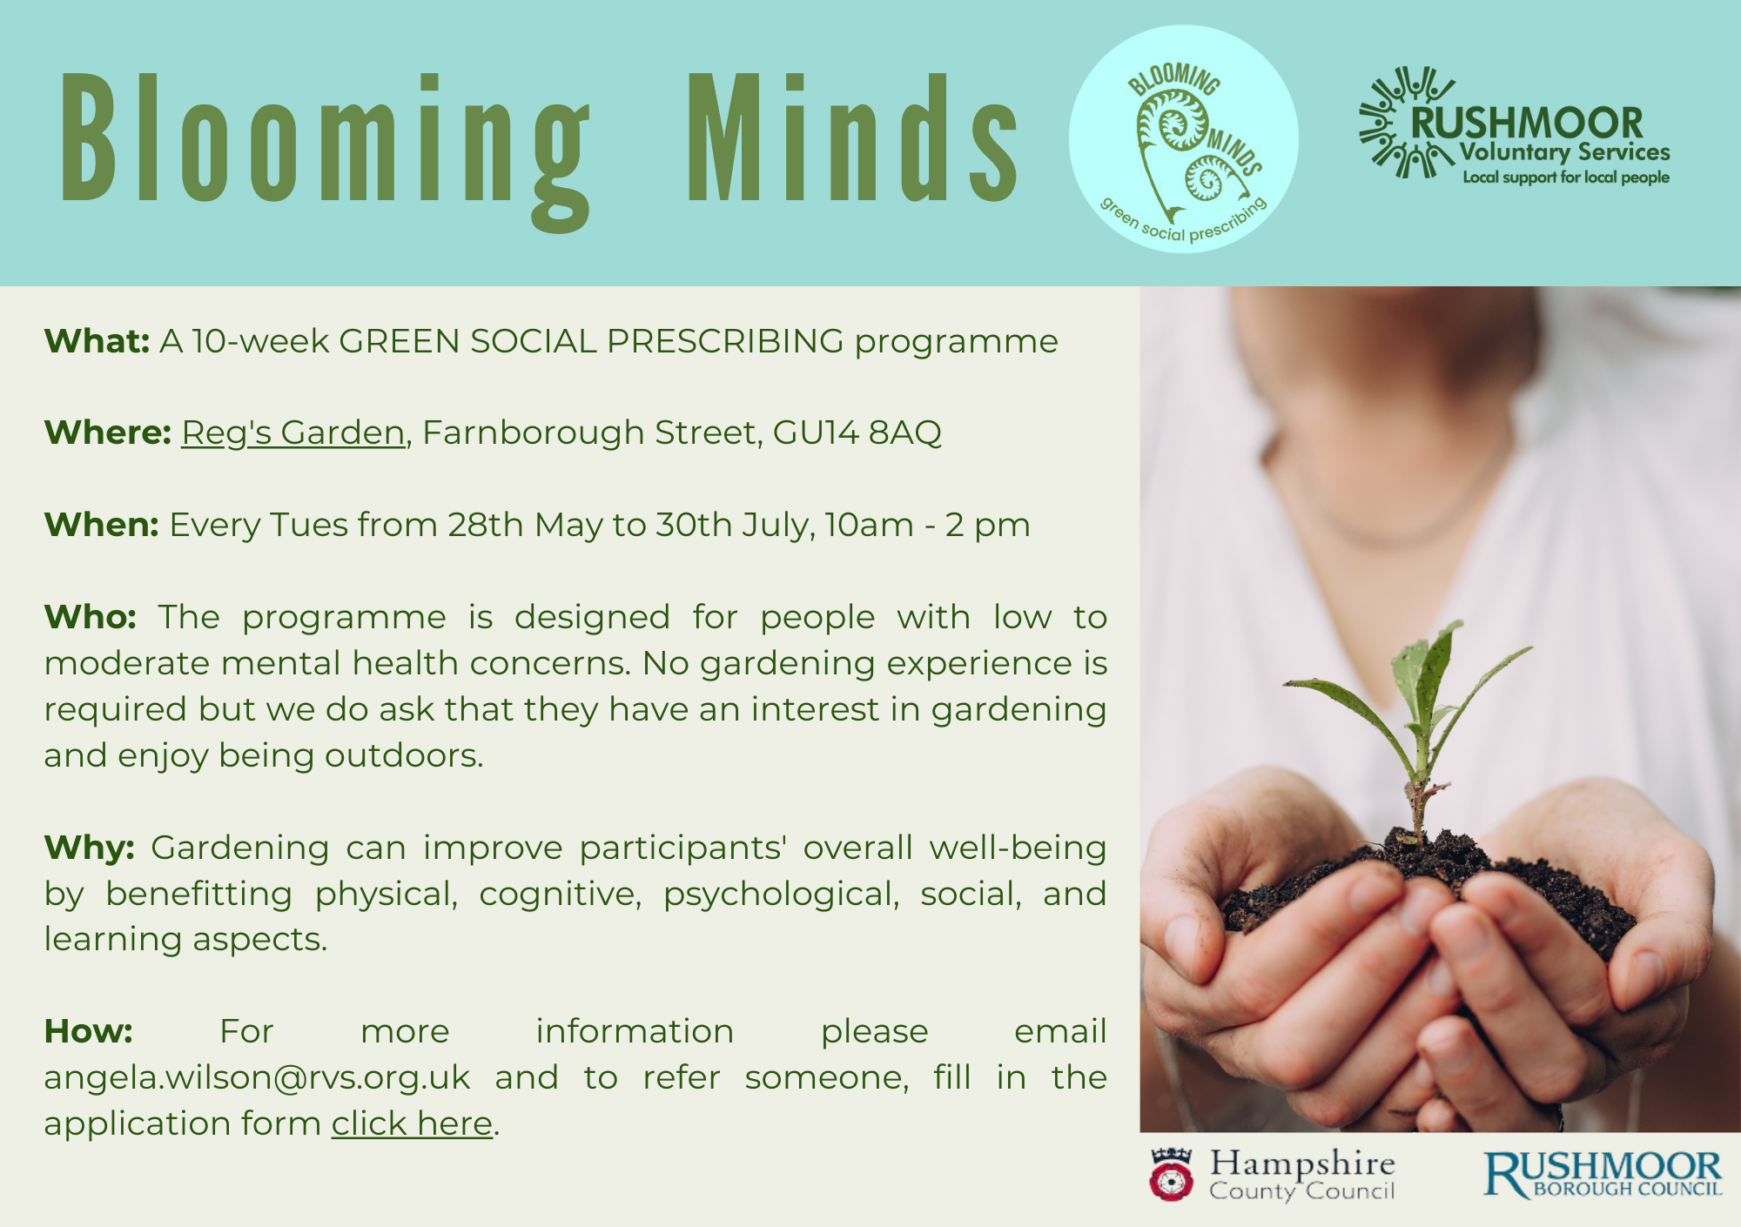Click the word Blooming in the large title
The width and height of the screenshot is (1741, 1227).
(324, 139)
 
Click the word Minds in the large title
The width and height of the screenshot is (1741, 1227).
(851, 139)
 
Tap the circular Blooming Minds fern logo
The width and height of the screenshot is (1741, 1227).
(1184, 139)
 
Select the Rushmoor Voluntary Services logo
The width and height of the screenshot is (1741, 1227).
(1515, 126)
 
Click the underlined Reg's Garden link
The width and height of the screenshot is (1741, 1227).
(293, 432)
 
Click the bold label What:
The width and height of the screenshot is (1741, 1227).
(97, 341)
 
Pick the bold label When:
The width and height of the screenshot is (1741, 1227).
(101, 525)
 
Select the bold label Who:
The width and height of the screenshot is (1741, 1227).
(91, 617)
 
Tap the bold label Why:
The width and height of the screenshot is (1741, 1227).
(90, 848)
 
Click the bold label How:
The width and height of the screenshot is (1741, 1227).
(89, 1031)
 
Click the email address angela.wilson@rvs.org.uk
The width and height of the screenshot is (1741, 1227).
(257, 1077)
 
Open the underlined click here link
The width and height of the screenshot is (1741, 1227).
(412, 1123)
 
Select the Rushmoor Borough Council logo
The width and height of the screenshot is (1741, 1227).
(1602, 1175)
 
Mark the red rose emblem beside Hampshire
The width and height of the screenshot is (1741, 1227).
(1171, 1177)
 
